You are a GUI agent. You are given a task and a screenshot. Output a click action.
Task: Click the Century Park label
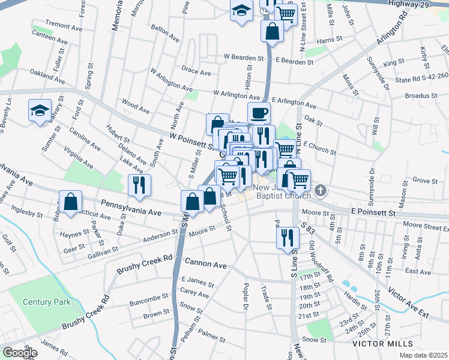click(47, 302)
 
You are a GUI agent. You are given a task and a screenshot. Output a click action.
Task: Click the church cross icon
click(321, 191)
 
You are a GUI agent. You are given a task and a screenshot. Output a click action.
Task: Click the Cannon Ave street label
click(205, 263)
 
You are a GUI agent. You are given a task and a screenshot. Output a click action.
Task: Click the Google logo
click(20, 353)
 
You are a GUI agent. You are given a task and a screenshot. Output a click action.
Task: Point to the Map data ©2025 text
click(421, 355)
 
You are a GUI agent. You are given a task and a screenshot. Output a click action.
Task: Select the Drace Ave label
click(196, 72)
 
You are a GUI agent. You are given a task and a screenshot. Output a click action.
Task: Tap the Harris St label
click(330, 39)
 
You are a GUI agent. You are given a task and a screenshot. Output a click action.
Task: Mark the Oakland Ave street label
click(47, 75)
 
